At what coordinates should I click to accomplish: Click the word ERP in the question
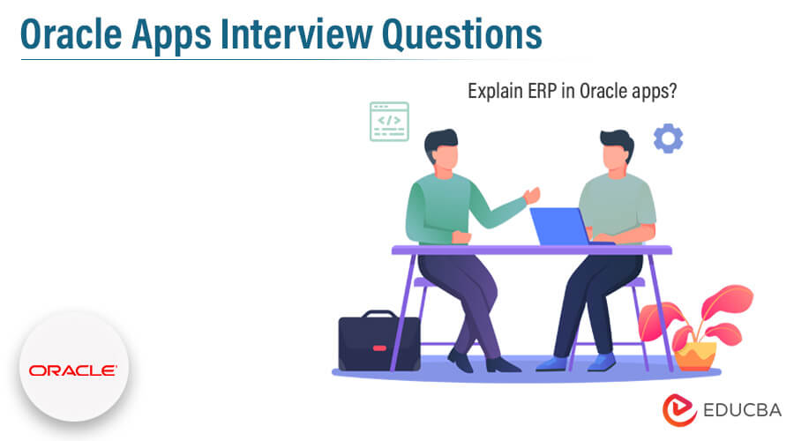point(537,91)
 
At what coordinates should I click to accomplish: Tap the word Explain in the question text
point(494,91)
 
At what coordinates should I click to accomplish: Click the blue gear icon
point(668,138)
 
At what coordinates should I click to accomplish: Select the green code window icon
point(389,121)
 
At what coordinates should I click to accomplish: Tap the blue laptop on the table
point(560,226)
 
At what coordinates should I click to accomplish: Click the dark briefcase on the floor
point(379,343)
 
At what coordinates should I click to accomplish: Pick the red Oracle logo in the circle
point(72,370)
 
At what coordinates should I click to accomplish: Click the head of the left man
point(441,149)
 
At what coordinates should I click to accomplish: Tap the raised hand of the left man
point(532,195)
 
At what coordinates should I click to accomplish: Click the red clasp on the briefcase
point(379,348)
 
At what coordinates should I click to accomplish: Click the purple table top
point(529,250)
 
